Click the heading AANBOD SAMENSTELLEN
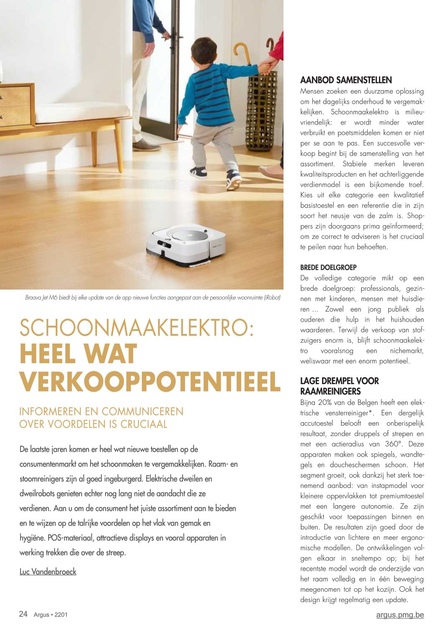coord(346,80)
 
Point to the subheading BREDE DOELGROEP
coord(328,267)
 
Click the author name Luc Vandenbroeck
coord(48,572)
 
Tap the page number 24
coord(23,614)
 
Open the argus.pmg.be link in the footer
coord(400,615)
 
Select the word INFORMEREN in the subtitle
coord(50,411)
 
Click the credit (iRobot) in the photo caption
coord(272,298)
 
